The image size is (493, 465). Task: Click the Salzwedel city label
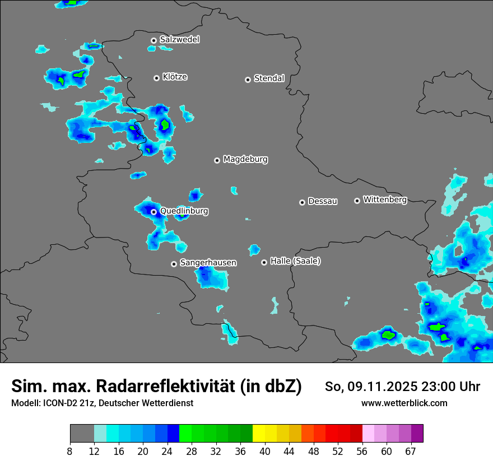click(x=179, y=40)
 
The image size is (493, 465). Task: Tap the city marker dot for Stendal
click(x=248, y=80)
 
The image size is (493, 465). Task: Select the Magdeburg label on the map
click(x=245, y=160)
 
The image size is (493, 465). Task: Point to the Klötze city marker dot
click(x=156, y=78)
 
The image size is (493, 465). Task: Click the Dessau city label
click(x=323, y=202)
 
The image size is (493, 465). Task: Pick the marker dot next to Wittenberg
click(x=357, y=201)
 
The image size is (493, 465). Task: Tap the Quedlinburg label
click(x=184, y=211)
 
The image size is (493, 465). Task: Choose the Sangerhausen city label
click(x=208, y=263)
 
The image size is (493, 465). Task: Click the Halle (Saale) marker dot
click(x=264, y=262)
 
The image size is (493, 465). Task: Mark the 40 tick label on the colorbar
click(x=264, y=451)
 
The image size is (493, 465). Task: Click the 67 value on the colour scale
click(x=410, y=451)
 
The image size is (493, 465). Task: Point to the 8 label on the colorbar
click(x=69, y=451)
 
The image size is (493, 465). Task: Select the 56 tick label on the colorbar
click(x=361, y=451)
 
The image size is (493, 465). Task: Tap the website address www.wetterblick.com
click(x=404, y=403)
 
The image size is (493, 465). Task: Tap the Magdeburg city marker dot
click(x=217, y=160)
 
